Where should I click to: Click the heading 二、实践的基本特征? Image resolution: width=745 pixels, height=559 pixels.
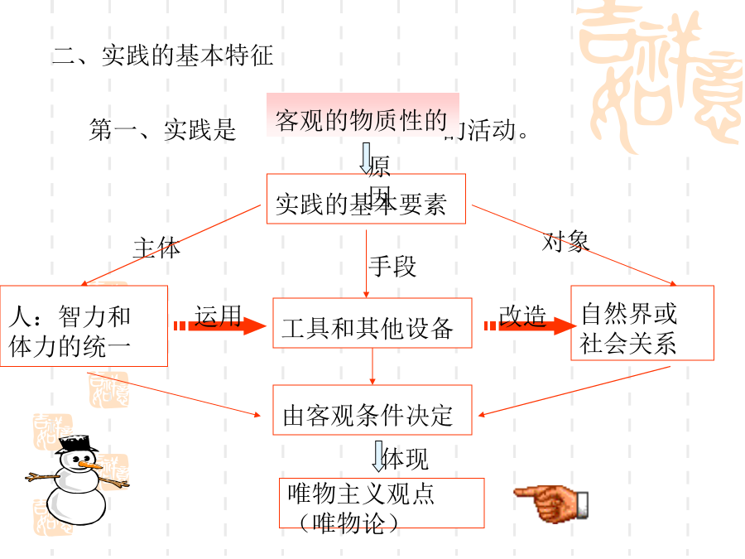[162, 56]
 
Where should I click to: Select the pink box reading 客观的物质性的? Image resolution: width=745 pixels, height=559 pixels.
[362, 121]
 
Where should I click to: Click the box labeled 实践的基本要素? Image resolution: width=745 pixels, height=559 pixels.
[366, 200]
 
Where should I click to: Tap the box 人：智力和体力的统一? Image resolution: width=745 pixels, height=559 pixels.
[84, 326]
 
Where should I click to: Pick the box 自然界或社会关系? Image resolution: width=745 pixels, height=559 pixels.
[642, 323]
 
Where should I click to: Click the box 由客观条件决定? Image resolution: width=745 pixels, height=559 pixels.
[372, 410]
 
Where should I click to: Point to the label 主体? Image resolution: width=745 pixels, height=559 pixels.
[156, 248]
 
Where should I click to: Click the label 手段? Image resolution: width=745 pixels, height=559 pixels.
[392, 266]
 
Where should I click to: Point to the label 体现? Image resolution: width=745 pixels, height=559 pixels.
[406, 459]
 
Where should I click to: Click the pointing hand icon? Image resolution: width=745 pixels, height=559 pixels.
[551, 501]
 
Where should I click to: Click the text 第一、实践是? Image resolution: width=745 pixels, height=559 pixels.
[162, 130]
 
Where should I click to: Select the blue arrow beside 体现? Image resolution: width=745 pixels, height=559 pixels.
[379, 455]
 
